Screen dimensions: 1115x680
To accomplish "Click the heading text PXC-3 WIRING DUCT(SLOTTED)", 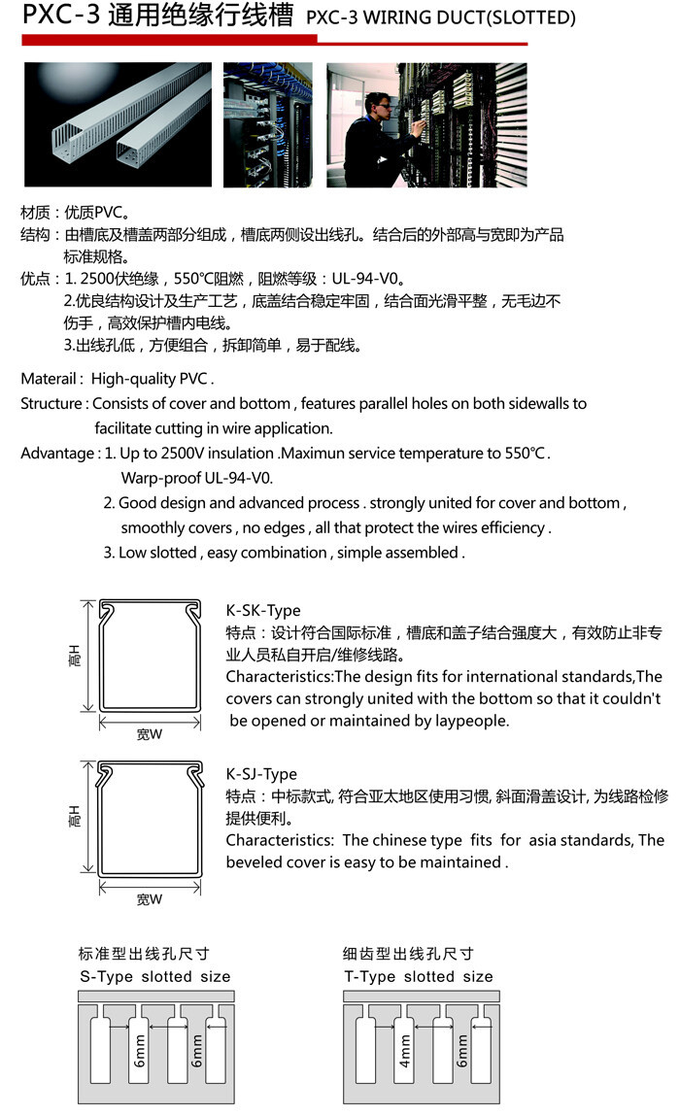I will click(440, 18).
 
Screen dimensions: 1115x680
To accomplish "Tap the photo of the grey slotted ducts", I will click(118, 123).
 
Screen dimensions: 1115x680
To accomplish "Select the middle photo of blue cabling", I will click(268, 123).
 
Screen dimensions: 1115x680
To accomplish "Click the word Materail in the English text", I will click(49, 379).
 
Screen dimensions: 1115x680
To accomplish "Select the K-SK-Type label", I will click(263, 610).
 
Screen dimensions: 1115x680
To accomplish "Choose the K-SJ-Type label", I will click(262, 774).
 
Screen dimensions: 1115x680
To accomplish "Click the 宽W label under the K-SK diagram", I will click(150, 734).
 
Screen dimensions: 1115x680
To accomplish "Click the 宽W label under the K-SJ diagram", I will click(150, 899).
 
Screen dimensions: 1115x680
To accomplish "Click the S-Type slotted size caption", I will click(155, 976).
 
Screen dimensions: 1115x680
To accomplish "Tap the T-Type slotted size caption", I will click(419, 976).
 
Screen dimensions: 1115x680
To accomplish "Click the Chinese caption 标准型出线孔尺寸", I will click(144, 954).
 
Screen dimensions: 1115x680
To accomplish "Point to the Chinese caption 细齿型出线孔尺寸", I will click(408, 954).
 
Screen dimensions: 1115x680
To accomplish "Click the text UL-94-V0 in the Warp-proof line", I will click(234, 478).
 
